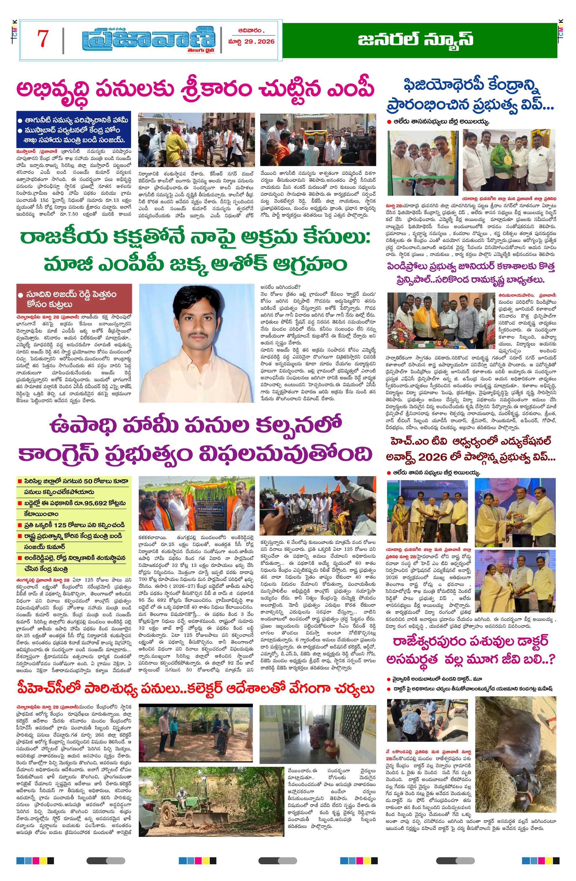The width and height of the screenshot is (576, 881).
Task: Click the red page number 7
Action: [43, 39]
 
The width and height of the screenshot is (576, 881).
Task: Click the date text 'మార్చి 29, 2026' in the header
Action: [251, 41]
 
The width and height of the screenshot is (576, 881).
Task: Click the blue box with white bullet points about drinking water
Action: [74, 130]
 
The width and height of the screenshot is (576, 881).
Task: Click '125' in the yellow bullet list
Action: [60, 525]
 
